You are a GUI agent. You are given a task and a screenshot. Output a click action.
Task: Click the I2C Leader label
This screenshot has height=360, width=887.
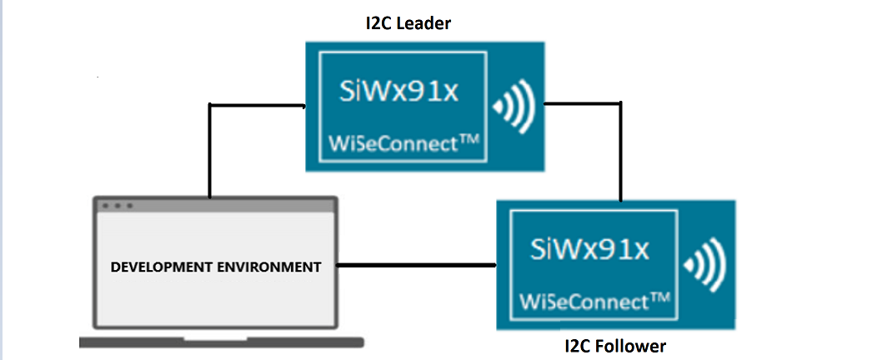[403, 23]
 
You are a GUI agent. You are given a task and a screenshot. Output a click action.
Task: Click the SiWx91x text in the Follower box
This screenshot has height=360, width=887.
[590, 249]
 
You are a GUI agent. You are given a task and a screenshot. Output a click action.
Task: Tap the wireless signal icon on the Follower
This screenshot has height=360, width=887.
[704, 265]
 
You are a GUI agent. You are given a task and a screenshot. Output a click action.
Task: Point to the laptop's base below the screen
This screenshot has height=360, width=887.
[221, 342]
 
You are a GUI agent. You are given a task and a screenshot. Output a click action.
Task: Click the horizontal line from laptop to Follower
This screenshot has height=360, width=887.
[417, 267]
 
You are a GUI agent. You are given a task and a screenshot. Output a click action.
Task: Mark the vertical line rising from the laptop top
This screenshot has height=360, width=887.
[209, 150]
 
